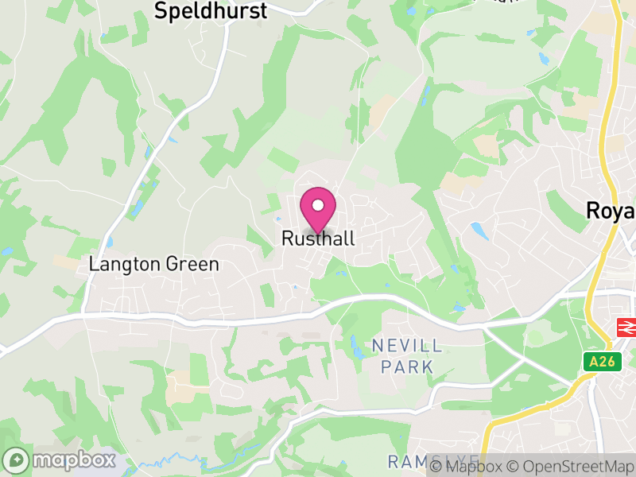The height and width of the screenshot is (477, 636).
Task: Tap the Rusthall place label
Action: point(318,238)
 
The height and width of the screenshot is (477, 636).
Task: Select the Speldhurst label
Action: point(211,10)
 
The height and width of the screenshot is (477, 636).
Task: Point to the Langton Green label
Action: point(154,264)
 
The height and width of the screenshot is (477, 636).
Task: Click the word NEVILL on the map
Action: point(408,346)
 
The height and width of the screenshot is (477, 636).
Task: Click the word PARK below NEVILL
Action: point(407,366)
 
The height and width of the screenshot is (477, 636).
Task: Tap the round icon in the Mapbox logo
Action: point(17,460)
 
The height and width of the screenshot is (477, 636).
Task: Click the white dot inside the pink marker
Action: point(318,205)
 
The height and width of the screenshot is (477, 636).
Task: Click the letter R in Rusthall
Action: point(288,238)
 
